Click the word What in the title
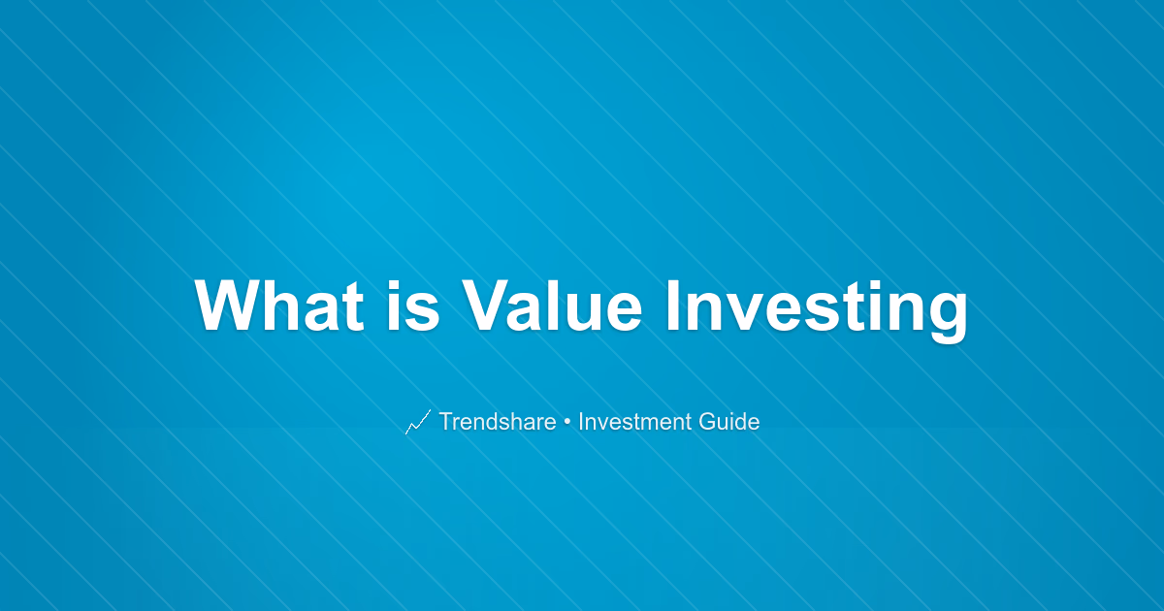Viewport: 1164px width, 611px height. point(279,305)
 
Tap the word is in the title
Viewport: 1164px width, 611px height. point(413,305)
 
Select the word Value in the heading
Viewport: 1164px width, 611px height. point(552,305)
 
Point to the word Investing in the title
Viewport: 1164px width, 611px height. point(817,310)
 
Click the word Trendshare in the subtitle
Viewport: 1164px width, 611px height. point(498,421)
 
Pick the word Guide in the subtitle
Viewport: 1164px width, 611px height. point(729,421)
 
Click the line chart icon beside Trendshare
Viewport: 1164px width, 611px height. point(418,422)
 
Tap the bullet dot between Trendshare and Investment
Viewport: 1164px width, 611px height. point(567,423)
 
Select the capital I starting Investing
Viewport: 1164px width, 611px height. point(672,305)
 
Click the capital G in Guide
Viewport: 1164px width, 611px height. point(709,421)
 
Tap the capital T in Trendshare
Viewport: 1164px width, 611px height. point(447,421)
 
